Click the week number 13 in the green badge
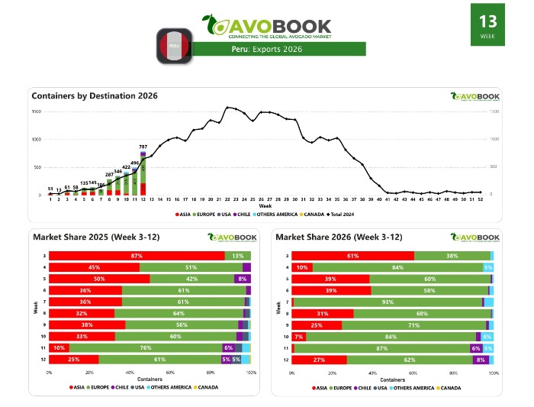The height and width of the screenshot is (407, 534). coord(486,21)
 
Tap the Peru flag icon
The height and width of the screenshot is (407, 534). coord(174,46)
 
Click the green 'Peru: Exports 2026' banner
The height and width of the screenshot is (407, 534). coord(267,50)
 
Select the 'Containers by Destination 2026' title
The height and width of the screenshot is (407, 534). coord(95,95)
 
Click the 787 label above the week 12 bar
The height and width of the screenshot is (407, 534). coord(143,146)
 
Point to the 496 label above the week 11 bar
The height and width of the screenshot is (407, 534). coord(134,162)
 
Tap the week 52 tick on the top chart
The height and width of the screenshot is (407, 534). coord(480,199)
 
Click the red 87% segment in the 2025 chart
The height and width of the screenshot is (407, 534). coord(137,256)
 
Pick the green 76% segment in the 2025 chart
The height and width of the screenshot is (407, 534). coord(145,347)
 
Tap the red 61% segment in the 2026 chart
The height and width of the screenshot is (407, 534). coord(353,256)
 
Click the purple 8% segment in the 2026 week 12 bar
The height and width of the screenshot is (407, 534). coord(480,360)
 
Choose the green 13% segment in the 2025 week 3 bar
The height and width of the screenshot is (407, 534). coord(237,256)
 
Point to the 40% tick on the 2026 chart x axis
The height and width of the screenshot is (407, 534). coord(373,373)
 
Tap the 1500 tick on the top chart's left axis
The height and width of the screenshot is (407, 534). coord(36,112)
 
